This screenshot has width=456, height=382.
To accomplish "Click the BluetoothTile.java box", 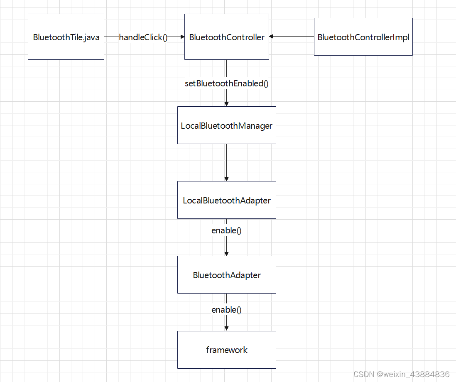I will click(66, 37).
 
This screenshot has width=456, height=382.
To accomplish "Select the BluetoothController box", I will click(226, 37).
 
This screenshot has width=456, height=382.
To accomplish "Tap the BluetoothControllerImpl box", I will click(363, 37).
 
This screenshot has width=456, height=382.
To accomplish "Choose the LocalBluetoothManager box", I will click(226, 125).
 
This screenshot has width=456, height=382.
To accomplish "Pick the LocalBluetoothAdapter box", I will click(226, 200).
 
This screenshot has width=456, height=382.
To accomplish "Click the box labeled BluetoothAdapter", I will click(226, 274).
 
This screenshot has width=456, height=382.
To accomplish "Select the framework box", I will click(226, 350).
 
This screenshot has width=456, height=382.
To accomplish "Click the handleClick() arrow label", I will click(143, 37).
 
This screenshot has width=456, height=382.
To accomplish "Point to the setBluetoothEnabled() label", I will click(226, 83).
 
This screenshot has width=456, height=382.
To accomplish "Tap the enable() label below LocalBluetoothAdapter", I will click(226, 230).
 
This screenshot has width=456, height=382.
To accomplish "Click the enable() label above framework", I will click(226, 309).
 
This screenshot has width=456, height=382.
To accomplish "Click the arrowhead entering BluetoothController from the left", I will click(182, 37).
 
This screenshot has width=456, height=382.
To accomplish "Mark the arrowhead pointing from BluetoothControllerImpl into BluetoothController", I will click(272, 37).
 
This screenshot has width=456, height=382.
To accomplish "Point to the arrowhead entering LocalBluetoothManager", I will click(226, 104).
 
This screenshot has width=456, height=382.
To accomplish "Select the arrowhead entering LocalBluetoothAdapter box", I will click(226, 179).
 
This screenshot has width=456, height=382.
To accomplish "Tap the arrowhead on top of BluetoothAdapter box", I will click(226, 253).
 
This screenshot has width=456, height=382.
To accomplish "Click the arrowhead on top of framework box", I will click(226, 328).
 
